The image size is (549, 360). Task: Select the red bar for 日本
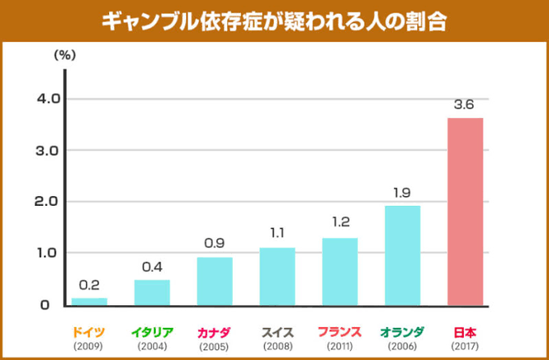click(x=465, y=212)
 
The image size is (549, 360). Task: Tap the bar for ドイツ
click(x=89, y=301)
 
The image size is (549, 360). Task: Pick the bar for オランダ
click(x=402, y=255)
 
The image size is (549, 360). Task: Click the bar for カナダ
click(x=215, y=280)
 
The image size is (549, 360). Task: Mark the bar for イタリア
click(x=152, y=292)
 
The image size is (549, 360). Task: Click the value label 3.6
click(x=464, y=105)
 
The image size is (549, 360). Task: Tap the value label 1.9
click(x=402, y=193)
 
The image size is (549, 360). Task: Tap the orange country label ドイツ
click(x=88, y=332)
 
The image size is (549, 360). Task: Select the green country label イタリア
click(x=152, y=332)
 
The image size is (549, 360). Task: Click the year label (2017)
click(x=465, y=347)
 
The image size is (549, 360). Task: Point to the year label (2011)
click(x=339, y=347)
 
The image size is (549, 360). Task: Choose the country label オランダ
click(x=402, y=332)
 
